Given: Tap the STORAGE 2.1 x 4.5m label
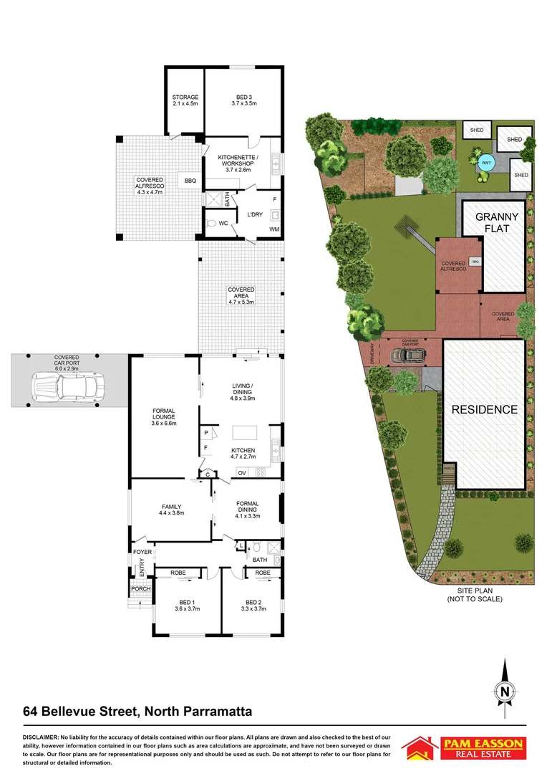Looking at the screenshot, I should coord(185,100).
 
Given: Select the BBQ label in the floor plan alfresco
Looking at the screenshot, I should coord(190,181).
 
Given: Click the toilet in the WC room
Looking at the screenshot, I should coord(210,224).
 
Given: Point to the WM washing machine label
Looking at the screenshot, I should coord(273,229).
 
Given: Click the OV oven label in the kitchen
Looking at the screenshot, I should coord(241,472).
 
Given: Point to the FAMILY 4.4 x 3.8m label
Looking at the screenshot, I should coord(170,510).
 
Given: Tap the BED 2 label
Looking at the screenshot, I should coord(255,605).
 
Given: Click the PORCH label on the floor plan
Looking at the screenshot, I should coord(140,589).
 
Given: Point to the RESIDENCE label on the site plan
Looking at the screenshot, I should coord(484,410).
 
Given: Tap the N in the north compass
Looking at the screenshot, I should coord(505,692).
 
